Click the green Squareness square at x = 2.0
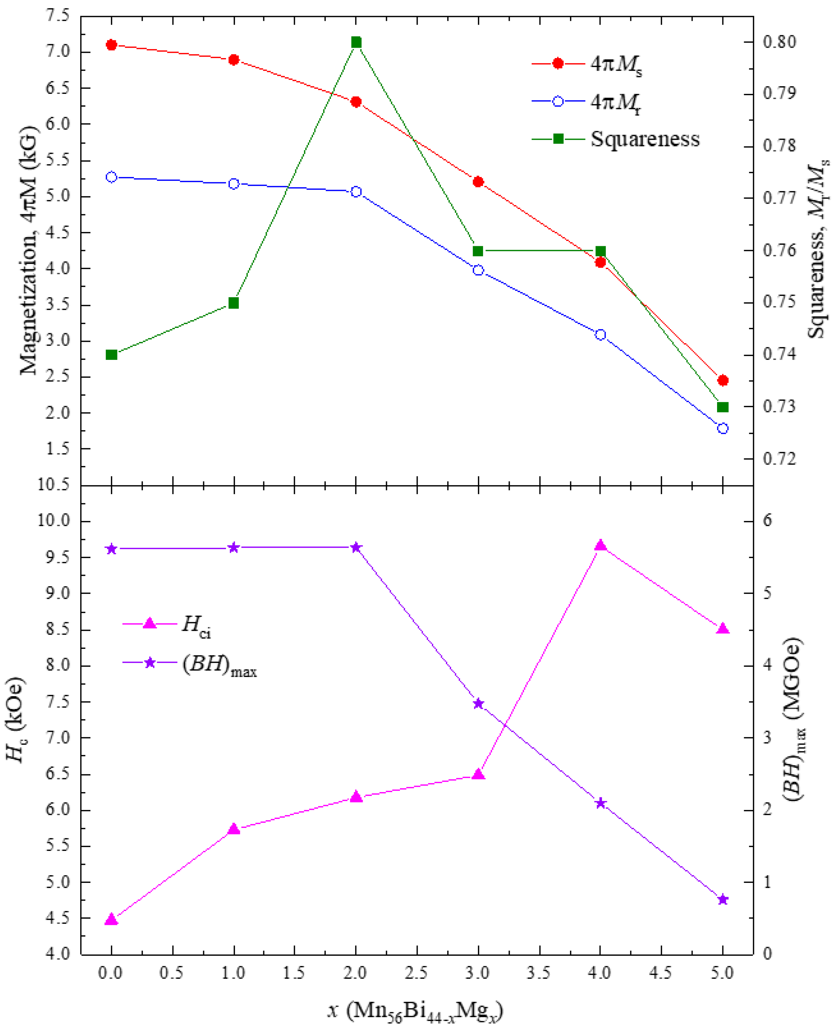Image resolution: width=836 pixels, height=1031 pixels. pyautogui.click(x=356, y=42)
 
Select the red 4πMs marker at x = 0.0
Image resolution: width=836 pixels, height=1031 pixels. pyautogui.click(x=112, y=45)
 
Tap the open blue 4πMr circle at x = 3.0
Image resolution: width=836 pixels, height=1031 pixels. pyautogui.click(x=478, y=271)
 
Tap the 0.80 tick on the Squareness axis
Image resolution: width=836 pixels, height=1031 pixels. pyautogui.click(x=780, y=42)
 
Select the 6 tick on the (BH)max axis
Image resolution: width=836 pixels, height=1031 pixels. pyautogui.click(x=767, y=521)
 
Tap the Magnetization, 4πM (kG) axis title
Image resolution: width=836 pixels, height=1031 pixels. pyautogui.click(x=29, y=250)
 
